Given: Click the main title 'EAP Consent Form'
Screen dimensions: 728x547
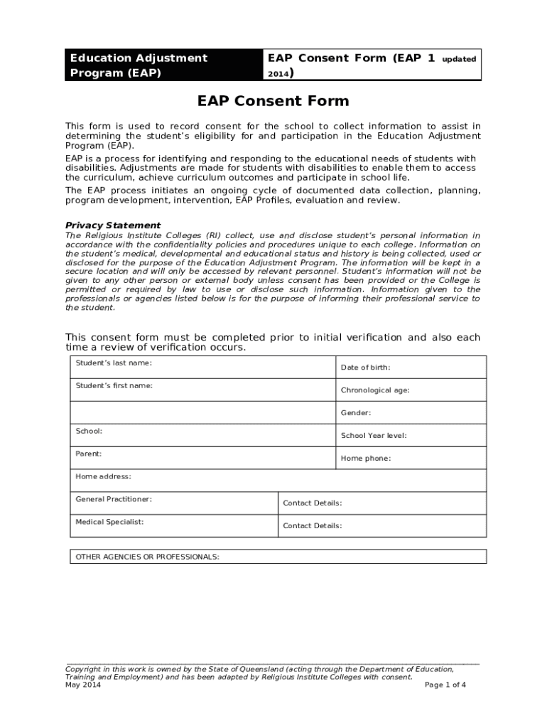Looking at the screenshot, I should pos(273,102).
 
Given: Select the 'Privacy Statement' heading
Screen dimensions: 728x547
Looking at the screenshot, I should pos(113,225).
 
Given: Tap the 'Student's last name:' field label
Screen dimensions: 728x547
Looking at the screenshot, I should pos(114,363).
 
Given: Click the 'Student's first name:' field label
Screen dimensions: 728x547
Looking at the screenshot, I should pos(114,385).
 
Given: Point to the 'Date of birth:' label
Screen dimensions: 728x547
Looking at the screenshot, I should pos(365,368).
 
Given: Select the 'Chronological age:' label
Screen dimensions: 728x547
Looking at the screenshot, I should pos(374,390).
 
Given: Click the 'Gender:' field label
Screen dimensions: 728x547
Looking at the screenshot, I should pos(355,413).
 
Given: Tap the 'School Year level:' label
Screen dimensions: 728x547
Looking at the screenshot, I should pos(374,436).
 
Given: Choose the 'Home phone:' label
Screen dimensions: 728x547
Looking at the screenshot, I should pos(365,459).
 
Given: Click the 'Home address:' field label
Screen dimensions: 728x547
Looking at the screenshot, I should pos(103,476).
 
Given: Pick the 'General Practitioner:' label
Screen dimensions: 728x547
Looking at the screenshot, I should pos(114,499).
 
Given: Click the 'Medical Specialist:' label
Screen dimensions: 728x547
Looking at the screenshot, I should pos(109,522).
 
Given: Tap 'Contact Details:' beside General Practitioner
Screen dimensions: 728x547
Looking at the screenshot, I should pos(312,503).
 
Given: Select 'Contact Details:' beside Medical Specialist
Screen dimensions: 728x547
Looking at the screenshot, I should pos(312,526).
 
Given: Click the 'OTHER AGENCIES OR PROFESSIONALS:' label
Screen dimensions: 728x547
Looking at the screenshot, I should pos(147,557).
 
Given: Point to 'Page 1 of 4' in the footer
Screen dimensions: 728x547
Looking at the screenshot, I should pos(445,685).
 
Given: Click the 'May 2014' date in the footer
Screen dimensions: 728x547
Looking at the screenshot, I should pos(83,685).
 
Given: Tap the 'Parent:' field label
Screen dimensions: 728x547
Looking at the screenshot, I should pos(88,454).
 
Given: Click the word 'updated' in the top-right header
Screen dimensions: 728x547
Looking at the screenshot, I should pos(458,60).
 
